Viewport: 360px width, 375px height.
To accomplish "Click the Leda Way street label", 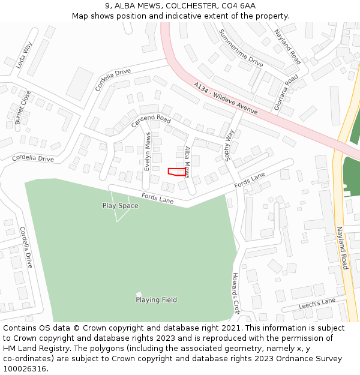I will tap(23, 55).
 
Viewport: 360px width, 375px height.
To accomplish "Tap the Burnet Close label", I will tap(22, 107).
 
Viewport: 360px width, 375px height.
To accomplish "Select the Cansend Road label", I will tap(151, 121).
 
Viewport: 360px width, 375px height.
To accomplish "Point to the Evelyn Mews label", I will tap(148, 151).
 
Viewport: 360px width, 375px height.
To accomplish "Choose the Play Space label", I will tap(120, 206).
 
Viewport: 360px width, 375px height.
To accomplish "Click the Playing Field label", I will tap(156, 300).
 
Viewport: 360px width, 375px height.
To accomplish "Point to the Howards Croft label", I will tap(235, 293).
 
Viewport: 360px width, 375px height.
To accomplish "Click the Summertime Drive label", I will tap(241, 48).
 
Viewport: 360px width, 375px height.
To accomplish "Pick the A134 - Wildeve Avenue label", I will tap(226, 99).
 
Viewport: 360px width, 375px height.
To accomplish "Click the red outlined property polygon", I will tap(176, 172).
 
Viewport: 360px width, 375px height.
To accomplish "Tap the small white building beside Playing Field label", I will tap(139, 294).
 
